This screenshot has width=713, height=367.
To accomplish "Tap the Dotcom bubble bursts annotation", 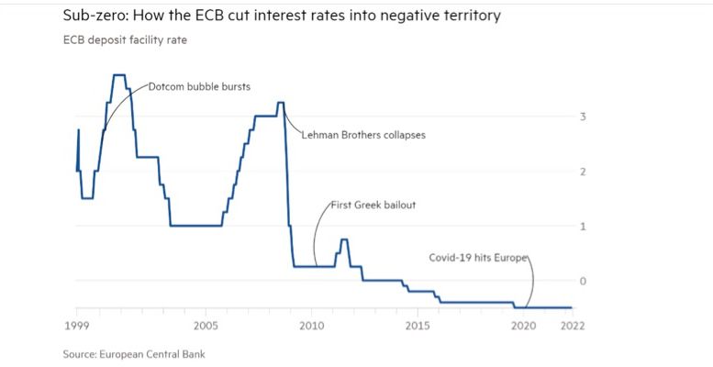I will [199, 87].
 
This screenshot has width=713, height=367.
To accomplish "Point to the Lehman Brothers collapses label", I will [363, 134].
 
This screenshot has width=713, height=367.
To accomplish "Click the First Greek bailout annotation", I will [373, 205].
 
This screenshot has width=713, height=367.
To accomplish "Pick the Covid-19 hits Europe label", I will [479, 258].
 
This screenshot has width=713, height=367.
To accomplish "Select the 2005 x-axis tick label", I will [206, 325].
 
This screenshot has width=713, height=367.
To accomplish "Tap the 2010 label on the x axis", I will [312, 325].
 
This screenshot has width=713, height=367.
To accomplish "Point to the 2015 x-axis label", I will [418, 325].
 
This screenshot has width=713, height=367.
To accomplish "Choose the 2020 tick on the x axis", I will [523, 325].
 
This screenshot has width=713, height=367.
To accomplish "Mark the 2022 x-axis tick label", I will [572, 325].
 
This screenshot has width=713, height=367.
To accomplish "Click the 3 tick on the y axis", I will [582, 117].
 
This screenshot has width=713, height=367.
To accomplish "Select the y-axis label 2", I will [582, 172].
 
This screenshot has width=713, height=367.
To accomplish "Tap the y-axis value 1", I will [582, 226].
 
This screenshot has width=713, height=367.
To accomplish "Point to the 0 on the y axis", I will [582, 280].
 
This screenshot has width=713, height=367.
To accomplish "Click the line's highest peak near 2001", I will [118, 75].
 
